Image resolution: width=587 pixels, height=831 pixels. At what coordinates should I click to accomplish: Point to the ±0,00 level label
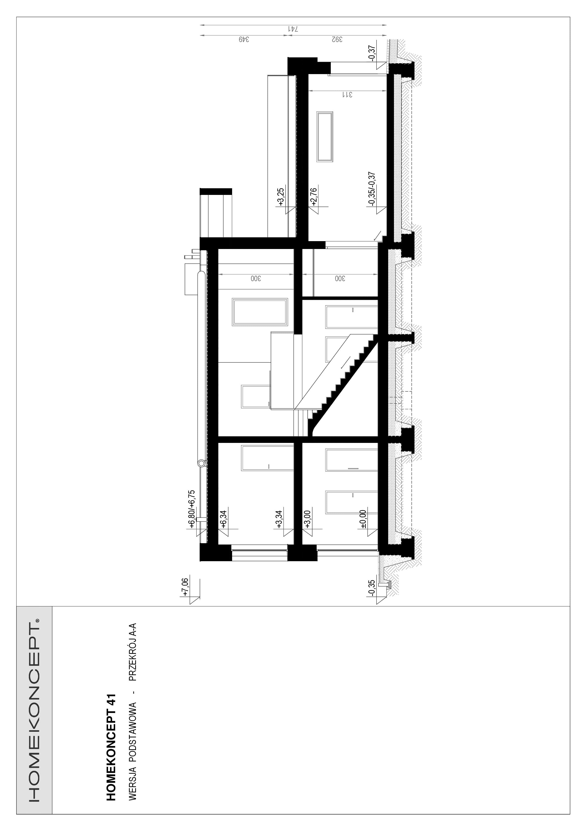363,520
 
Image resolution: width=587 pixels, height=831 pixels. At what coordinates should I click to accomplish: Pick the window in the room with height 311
325,137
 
